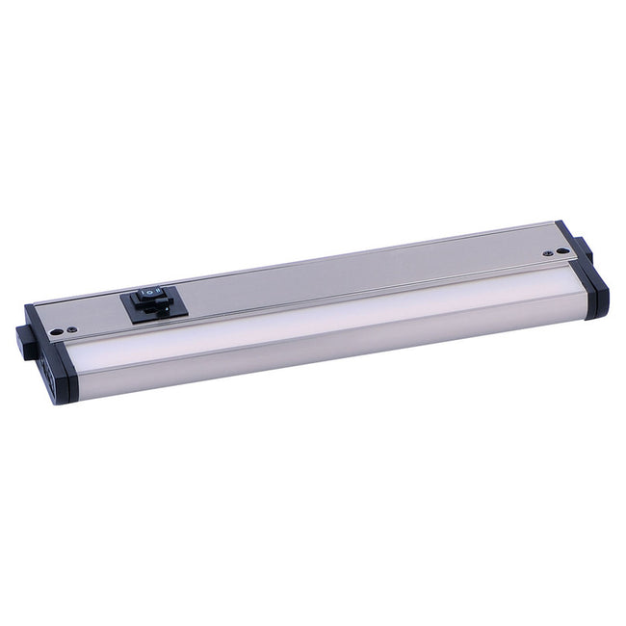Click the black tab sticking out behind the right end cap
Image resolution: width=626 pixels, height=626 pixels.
[x=584, y=248]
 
